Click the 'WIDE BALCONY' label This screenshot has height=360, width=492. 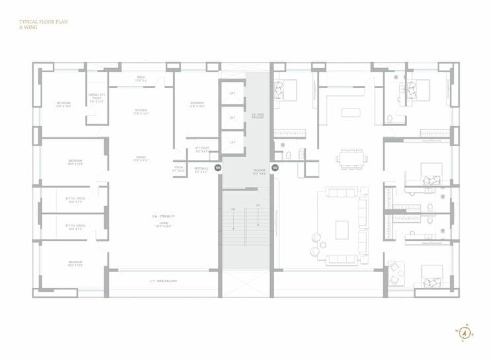tap(163, 281)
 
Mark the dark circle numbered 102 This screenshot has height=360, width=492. tap(275, 168)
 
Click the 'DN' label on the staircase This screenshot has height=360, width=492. tap(233, 209)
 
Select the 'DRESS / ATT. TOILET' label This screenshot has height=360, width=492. tap(97, 98)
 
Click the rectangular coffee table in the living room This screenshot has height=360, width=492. tap(342, 229)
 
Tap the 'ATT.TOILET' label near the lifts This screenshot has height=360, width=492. tap(201, 149)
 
